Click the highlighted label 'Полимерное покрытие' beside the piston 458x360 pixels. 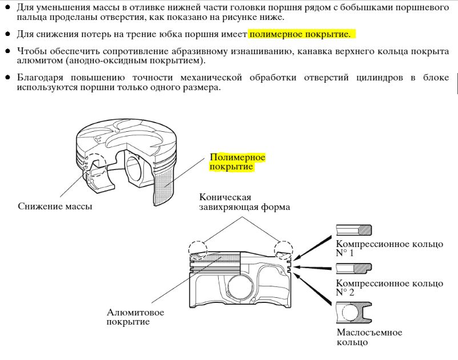[237, 162]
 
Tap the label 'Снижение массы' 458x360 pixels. [55, 207]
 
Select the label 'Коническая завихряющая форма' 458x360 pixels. [244, 202]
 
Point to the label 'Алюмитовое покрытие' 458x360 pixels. [135, 317]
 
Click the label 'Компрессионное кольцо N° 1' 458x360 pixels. [389, 248]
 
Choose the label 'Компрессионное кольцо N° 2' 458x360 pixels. [389, 288]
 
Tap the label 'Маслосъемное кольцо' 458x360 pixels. [369, 337]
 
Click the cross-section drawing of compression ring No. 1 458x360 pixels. [353, 230]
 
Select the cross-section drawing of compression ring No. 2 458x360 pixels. [353, 268]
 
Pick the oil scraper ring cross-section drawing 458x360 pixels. [353, 313]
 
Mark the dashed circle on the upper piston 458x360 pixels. [95, 165]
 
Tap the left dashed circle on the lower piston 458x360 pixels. [198, 250]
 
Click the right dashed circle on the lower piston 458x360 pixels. [283, 250]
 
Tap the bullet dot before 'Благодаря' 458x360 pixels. [8, 78]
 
